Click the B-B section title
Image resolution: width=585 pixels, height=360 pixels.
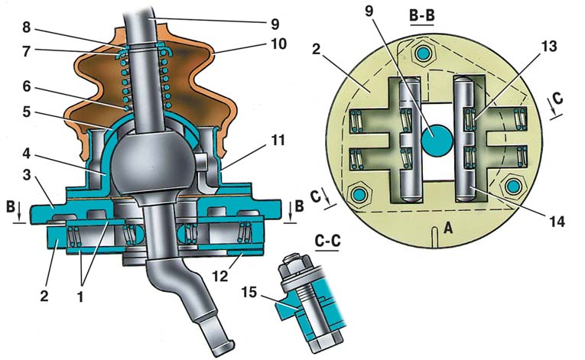coord(421,16)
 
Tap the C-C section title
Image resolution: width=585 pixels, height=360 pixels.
coord(327,242)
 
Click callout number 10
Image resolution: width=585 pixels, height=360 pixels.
coord(278,44)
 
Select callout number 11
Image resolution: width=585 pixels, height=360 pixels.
coord(277,141)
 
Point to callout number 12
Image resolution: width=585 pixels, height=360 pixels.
coord(220,276)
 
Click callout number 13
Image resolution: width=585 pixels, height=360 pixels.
coord(548,47)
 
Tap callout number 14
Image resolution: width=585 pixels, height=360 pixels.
coord(557,221)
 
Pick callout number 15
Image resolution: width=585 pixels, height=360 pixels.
coord(249,292)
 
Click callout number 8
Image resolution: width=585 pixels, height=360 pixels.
coord(26,28)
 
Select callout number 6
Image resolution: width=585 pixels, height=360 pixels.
coord(26,86)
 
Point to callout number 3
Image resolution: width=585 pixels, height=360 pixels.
coord(26,174)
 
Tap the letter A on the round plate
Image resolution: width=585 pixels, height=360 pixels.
coord(447,226)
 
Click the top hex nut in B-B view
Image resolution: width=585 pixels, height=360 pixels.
coord(423,54)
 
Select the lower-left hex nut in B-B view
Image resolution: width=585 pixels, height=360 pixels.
coord(359,194)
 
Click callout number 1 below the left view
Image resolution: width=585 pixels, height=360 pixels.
coord(80,297)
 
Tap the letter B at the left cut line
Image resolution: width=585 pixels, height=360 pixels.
coord(11,207)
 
